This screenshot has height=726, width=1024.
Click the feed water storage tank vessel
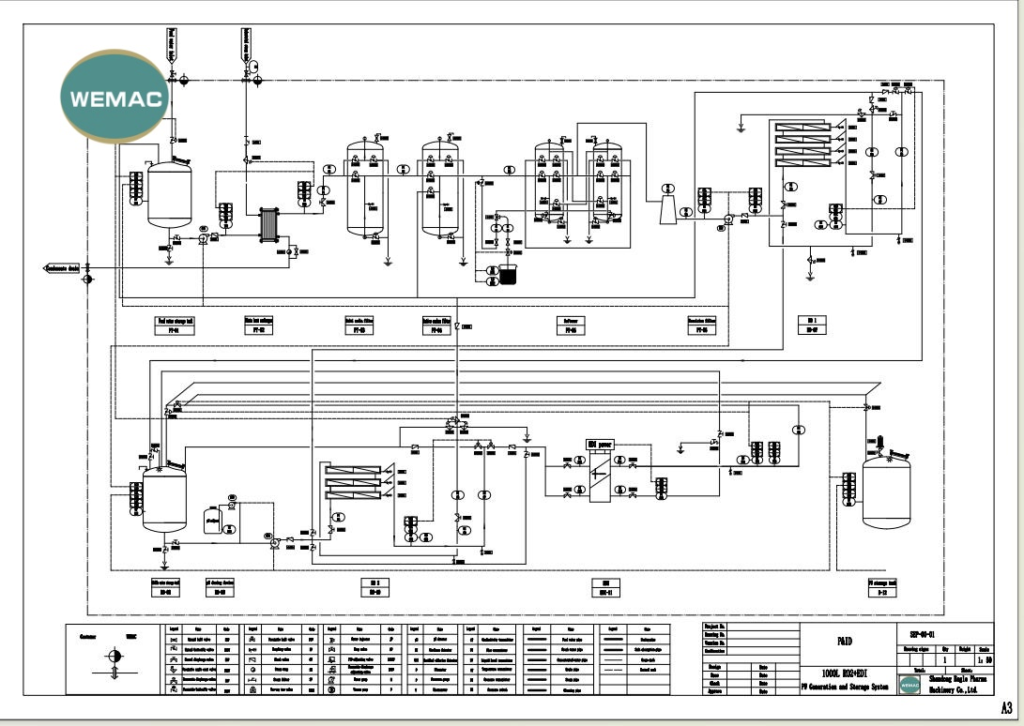tap(170, 195)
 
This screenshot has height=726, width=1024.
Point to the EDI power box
tap(598, 443)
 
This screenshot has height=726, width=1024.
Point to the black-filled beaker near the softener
tap(508, 277)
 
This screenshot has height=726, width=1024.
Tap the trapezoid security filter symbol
tap(666, 211)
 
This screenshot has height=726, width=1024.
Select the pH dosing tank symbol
tap(210, 520)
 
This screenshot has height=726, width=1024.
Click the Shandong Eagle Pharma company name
tap(957, 679)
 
